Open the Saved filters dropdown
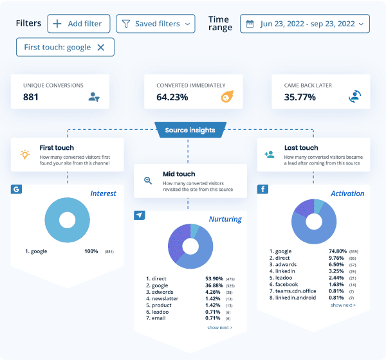point(156,24)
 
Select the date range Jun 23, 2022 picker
point(305,24)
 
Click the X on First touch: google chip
point(100,47)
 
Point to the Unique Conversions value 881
point(31,97)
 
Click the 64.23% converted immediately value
point(172,97)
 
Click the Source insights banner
point(190,130)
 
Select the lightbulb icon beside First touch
point(25,154)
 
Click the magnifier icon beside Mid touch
point(148,181)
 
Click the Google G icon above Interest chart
point(16,190)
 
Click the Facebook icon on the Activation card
point(262,190)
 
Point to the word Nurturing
point(225,219)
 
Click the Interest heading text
point(103,194)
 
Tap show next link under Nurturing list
point(219,327)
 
